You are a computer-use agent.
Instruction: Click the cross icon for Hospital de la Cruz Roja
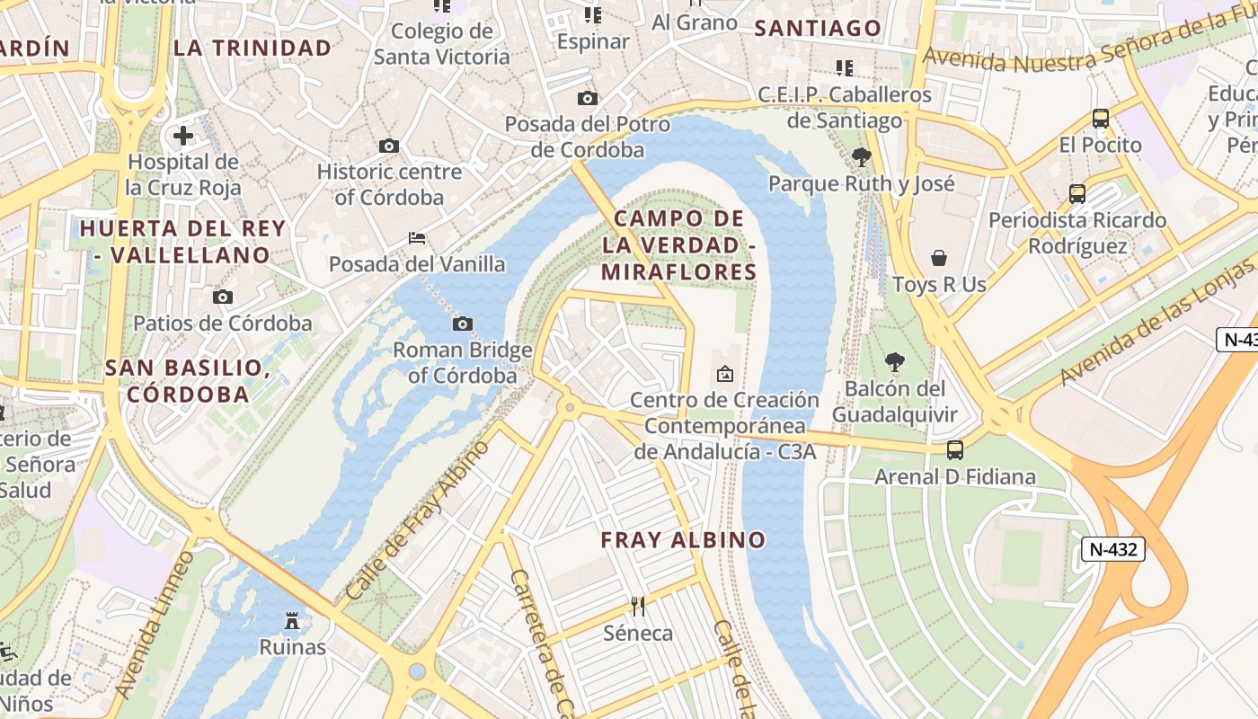(183, 136)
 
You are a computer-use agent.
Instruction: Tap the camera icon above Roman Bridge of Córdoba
(463, 324)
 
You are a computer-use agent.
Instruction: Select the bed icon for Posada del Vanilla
(417, 238)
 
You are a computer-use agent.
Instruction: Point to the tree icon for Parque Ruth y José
(861, 157)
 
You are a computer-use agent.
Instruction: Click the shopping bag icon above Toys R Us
(939, 259)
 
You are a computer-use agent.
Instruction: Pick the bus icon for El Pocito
(1100, 119)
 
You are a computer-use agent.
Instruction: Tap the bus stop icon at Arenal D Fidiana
(955, 450)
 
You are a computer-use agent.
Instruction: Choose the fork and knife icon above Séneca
(638, 607)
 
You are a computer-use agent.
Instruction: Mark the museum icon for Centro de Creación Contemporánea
(725, 373)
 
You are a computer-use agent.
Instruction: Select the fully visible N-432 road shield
(1112, 549)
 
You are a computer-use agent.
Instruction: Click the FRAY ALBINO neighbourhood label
(683, 540)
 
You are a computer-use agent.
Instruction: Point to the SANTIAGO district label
(818, 29)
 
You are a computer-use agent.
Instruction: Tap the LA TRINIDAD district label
(252, 49)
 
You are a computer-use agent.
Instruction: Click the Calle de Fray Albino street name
(418, 520)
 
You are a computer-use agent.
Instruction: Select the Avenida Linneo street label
(155, 626)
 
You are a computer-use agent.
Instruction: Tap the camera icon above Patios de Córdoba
(222, 297)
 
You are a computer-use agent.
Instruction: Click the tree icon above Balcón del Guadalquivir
(894, 362)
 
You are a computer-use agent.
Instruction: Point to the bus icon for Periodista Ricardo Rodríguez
(1076, 193)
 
